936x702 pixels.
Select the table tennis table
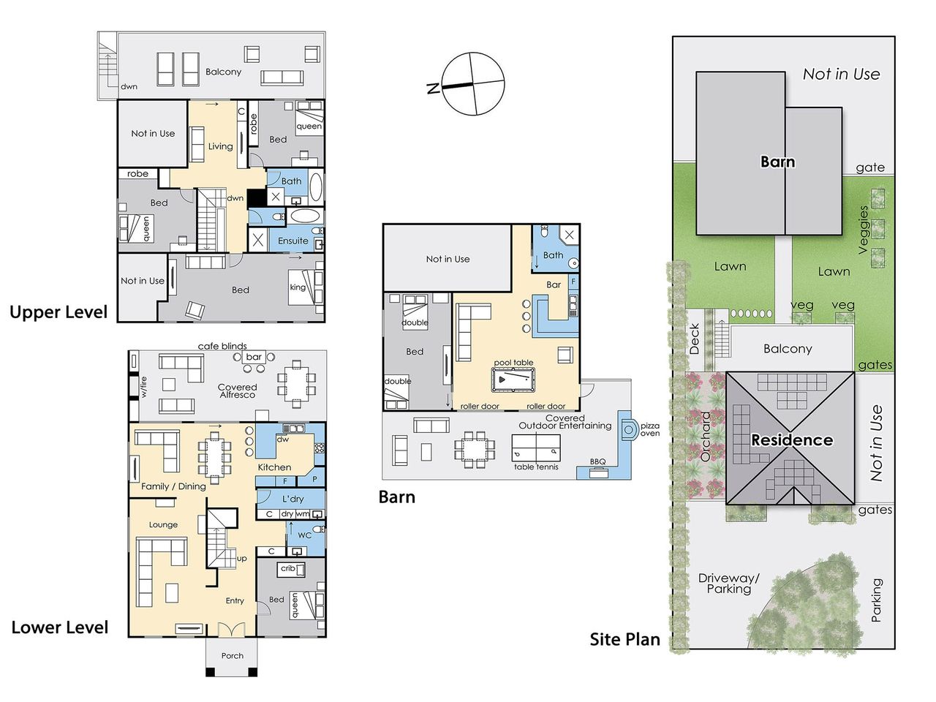536,448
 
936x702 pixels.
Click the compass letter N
433,88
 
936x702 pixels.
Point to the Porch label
232,655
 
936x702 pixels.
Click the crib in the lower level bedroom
292,569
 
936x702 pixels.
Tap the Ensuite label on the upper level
293,241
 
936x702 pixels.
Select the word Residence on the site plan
792,440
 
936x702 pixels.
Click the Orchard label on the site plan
706,437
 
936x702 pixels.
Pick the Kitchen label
274,467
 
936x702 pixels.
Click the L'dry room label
293,499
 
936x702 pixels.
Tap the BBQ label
597,461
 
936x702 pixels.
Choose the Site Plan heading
624,639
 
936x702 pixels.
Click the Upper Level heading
58,312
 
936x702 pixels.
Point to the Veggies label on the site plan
863,230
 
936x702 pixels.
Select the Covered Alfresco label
238,390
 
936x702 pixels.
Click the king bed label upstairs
298,287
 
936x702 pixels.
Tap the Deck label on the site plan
694,339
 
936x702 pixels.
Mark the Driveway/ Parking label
729,584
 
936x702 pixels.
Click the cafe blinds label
222,346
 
